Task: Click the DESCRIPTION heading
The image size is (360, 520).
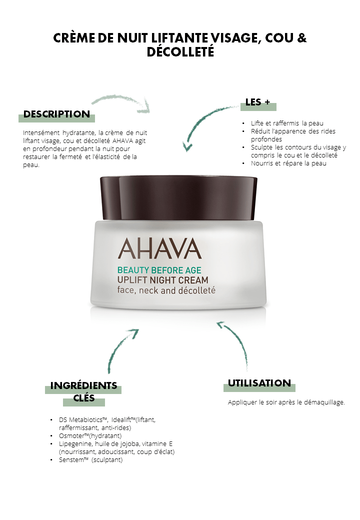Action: click(x=56, y=114)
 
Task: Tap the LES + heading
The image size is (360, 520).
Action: click(x=258, y=102)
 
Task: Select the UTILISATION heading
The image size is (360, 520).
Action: click(x=259, y=383)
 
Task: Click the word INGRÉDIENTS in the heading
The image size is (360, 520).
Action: click(x=83, y=385)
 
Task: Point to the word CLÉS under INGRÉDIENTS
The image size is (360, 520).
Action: click(x=84, y=398)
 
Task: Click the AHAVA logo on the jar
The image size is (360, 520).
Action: click(x=160, y=248)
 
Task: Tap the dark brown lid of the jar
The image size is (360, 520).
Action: click(x=178, y=197)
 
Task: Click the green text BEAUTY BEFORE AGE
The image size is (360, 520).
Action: click(x=159, y=270)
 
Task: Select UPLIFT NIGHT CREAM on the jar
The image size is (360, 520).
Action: click(x=163, y=280)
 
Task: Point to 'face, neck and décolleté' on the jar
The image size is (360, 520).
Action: click(x=166, y=290)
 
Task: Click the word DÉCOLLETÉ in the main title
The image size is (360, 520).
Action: click(x=180, y=52)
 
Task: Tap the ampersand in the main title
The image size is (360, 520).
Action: click(x=301, y=38)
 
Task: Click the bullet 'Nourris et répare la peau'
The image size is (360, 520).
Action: click(x=288, y=163)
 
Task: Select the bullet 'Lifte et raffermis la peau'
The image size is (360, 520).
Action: click(x=287, y=123)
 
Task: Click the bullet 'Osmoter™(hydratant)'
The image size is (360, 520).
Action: click(x=90, y=436)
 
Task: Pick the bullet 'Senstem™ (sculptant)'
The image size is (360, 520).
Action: click(x=91, y=460)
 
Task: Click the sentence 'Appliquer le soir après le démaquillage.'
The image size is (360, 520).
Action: click(x=286, y=402)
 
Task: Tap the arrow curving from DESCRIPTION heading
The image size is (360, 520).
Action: click(x=122, y=99)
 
